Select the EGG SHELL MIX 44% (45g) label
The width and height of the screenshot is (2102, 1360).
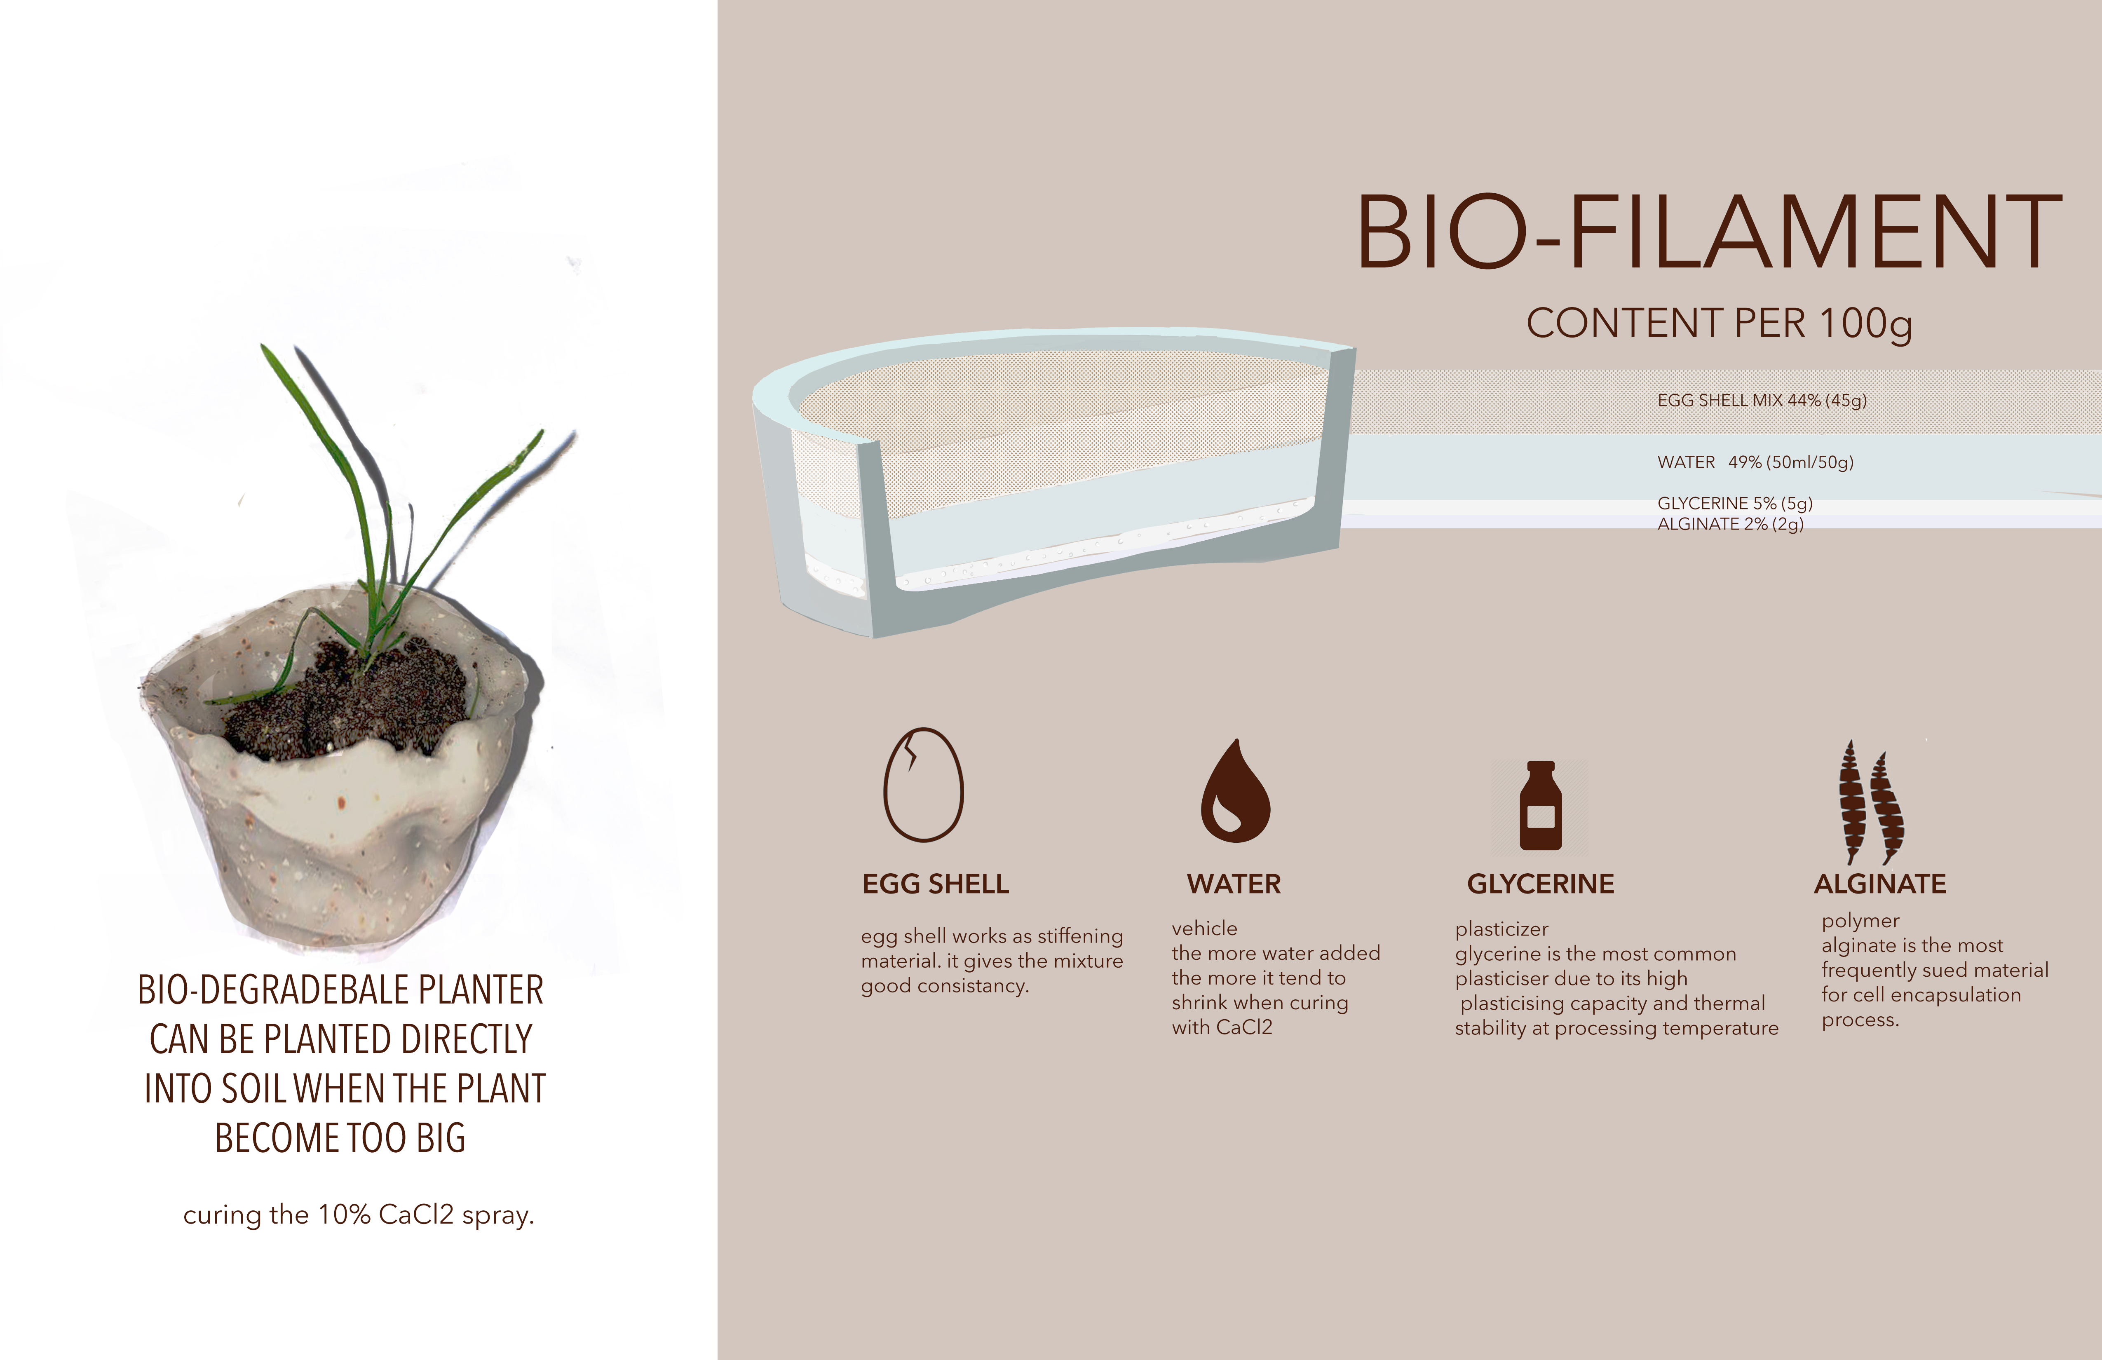click(x=1762, y=400)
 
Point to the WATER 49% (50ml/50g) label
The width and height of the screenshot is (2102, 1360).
click(x=1755, y=462)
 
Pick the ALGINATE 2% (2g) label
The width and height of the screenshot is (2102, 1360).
click(x=1730, y=524)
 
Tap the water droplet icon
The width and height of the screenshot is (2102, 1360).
click(x=1235, y=790)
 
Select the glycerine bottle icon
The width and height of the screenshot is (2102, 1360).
click(x=1540, y=805)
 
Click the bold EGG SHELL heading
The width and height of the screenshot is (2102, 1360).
click(x=935, y=884)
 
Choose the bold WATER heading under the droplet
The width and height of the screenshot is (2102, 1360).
click(x=1234, y=884)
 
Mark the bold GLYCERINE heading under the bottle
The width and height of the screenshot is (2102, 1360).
click(x=1540, y=884)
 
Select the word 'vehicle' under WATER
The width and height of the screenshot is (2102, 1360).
click(x=1205, y=928)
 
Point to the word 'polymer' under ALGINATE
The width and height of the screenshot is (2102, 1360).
click(x=1860, y=921)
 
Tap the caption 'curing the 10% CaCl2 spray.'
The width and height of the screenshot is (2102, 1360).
click(x=359, y=1215)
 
